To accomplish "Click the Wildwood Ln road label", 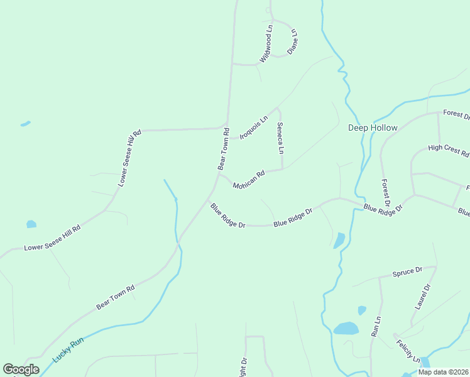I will click(266, 44).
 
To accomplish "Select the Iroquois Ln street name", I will click(253, 126).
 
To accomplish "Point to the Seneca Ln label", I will click(280, 138).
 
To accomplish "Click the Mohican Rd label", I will click(249, 179).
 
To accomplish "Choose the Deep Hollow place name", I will click(373, 128).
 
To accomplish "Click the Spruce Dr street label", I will click(407, 272).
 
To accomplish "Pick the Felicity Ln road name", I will click(408, 351).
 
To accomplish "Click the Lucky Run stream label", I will click(68, 349).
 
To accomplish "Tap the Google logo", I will click(21, 369).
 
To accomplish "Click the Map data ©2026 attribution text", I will click(443, 372).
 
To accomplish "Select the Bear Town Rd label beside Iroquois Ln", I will click(222, 149).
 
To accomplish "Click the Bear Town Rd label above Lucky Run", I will click(116, 297).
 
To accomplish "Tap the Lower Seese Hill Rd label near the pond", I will click(53, 238).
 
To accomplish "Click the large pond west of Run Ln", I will click(346, 329).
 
